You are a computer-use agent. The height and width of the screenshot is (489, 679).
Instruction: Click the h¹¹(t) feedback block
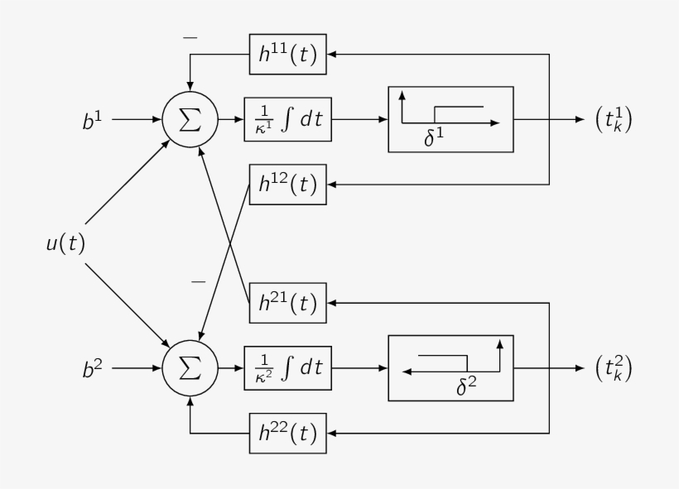point(288,55)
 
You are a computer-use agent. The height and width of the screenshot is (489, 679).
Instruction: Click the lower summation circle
point(190,367)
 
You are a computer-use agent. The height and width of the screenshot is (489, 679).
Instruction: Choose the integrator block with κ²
point(288,367)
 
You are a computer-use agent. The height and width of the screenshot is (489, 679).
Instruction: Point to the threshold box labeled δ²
point(450,367)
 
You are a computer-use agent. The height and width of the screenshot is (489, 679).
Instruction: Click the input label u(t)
point(65,244)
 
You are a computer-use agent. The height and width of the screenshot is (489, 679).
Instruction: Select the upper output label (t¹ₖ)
point(614,120)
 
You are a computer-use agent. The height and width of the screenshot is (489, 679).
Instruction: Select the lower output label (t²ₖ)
point(614,368)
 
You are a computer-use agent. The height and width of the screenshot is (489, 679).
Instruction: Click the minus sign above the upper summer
point(190,38)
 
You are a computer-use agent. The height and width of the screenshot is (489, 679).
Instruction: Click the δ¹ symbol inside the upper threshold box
point(434,139)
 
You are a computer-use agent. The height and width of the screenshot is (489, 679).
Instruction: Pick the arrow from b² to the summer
point(137,367)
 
